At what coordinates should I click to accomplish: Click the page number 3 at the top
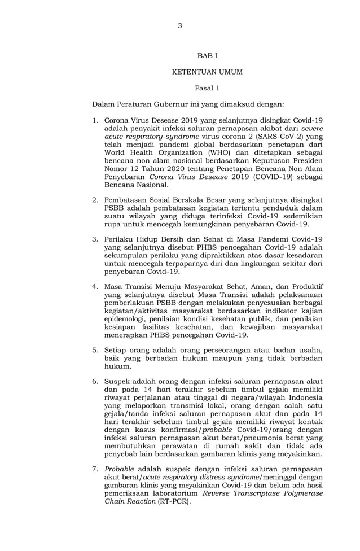tap(179, 25)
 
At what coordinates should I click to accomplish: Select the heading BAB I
tap(207, 56)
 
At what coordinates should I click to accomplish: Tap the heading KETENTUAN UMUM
tap(207, 72)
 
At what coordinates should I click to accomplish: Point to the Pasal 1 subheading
tap(207, 88)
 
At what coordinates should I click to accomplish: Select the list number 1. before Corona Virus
tap(95, 121)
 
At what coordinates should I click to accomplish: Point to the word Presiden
tap(308, 160)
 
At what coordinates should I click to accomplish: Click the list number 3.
tap(95, 239)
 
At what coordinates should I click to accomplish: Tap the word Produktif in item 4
tap(305, 287)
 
